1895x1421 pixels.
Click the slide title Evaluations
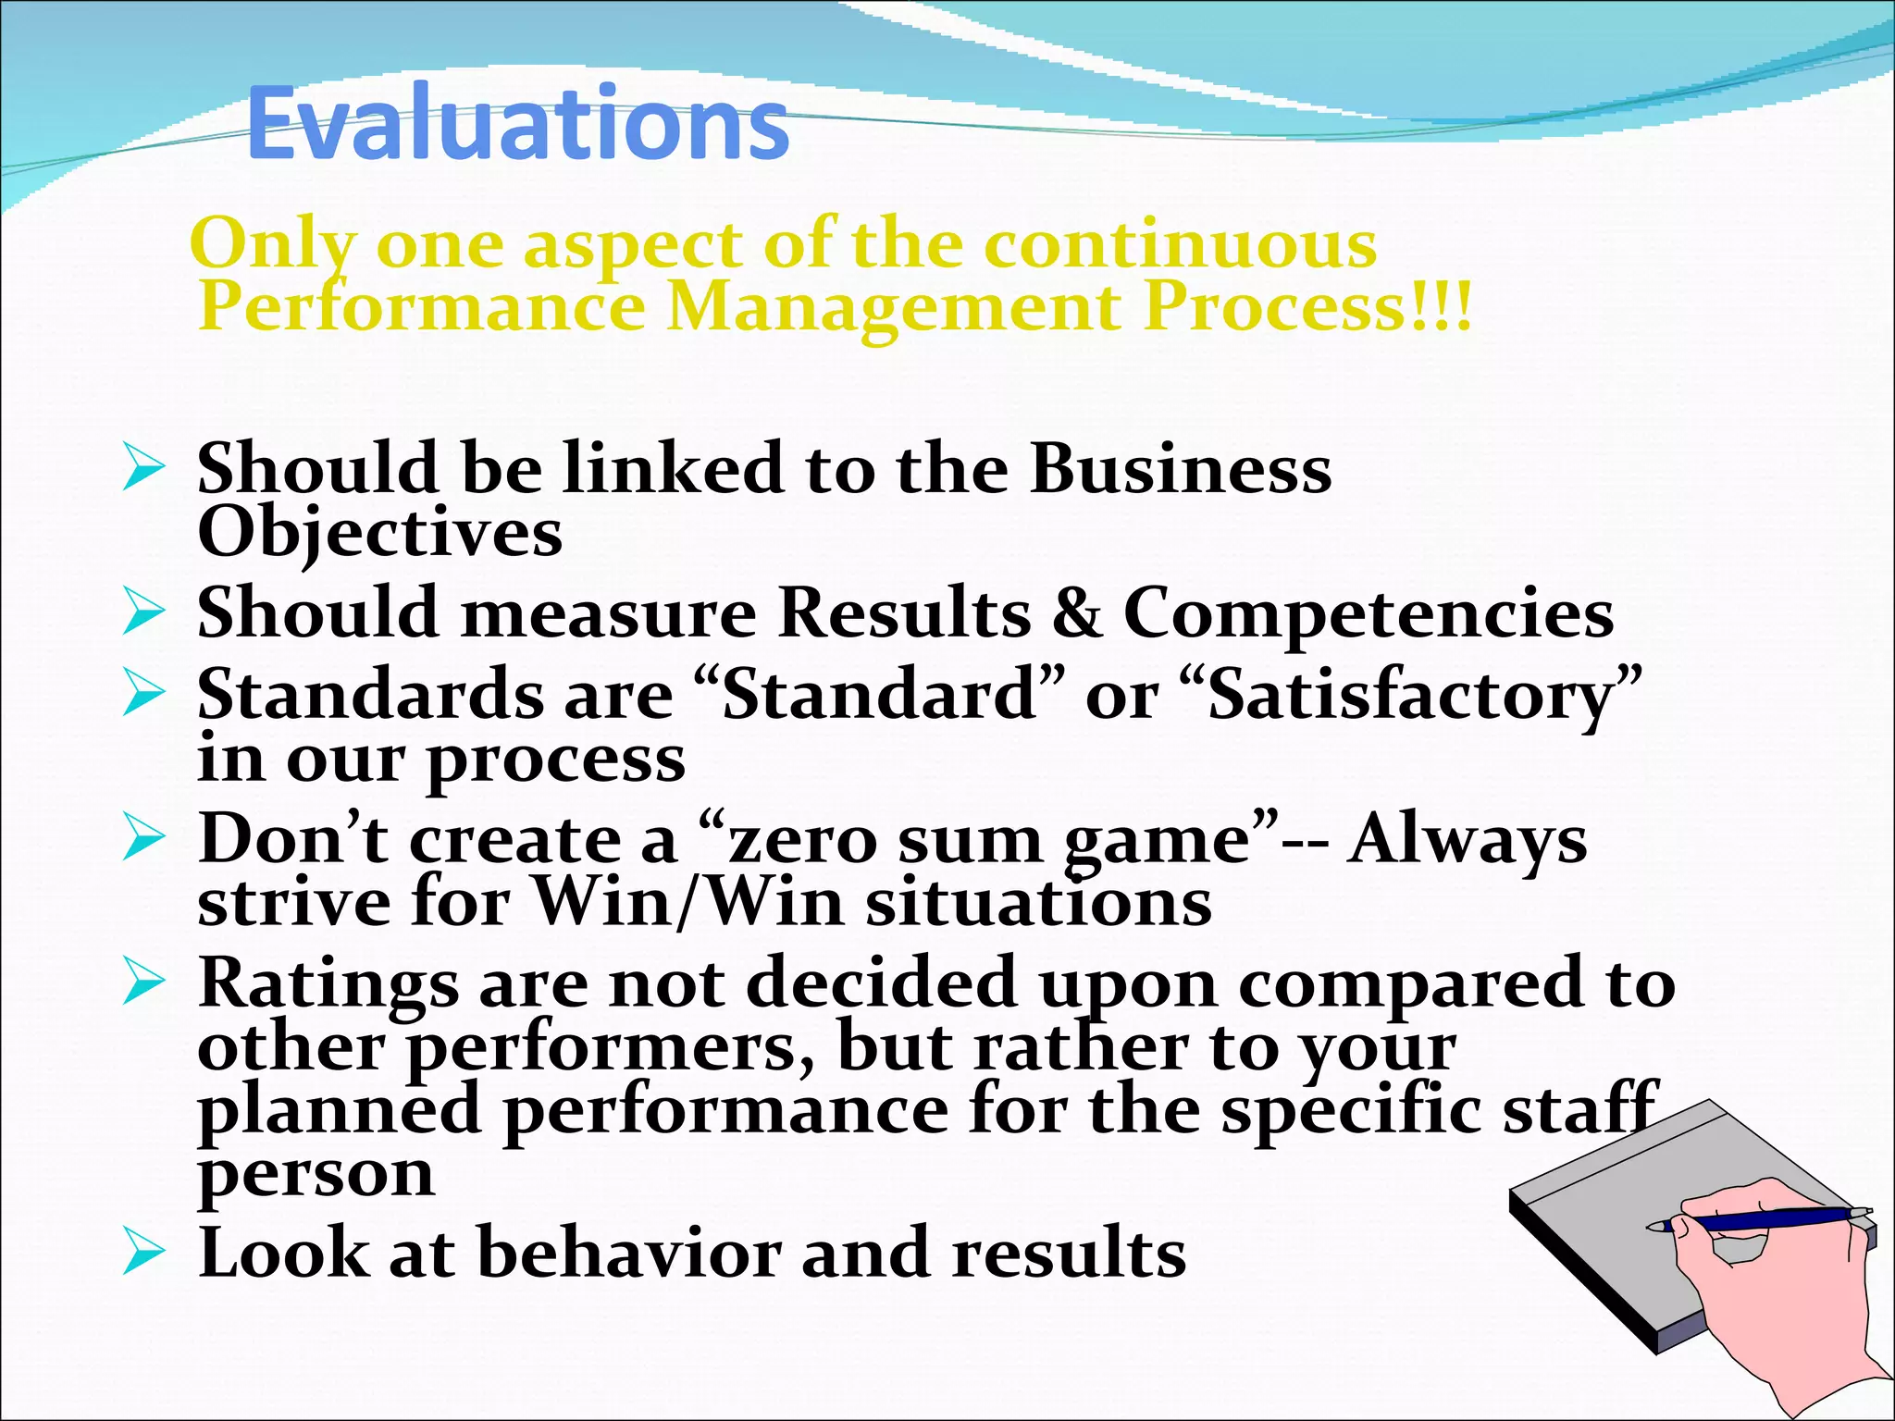[x=517, y=124]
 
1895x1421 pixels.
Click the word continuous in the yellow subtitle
[x=1179, y=244]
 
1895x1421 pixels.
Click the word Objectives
[x=379, y=533]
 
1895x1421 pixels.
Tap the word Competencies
[x=1369, y=612]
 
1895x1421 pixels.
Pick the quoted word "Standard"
[x=878, y=694]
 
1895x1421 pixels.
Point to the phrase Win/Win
[x=688, y=902]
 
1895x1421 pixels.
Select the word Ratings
[x=328, y=983]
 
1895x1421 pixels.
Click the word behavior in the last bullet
[x=629, y=1253]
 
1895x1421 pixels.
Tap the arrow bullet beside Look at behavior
[x=142, y=1254]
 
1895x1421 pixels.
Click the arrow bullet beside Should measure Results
[x=142, y=615]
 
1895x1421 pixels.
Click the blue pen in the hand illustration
[x=1758, y=1220]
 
